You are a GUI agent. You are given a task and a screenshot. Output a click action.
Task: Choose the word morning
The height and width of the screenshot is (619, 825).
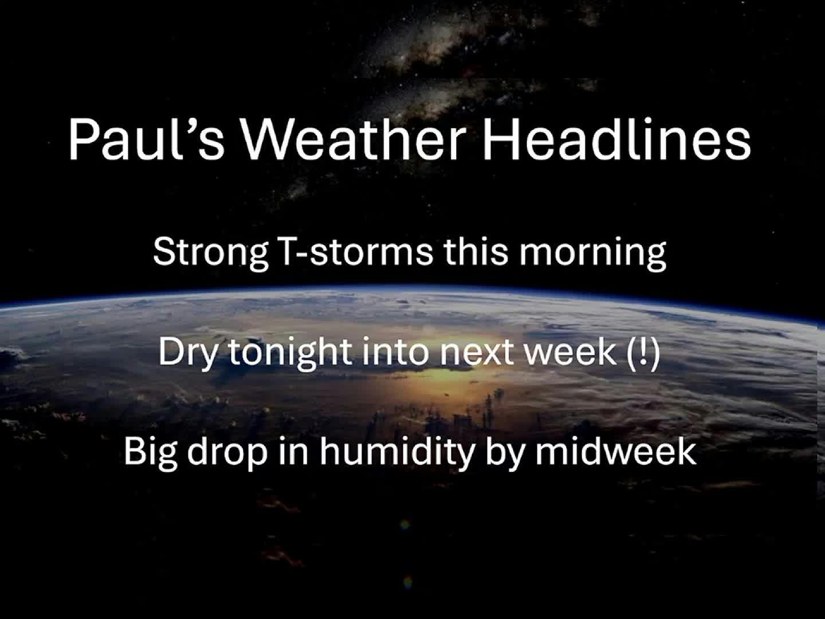592,252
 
